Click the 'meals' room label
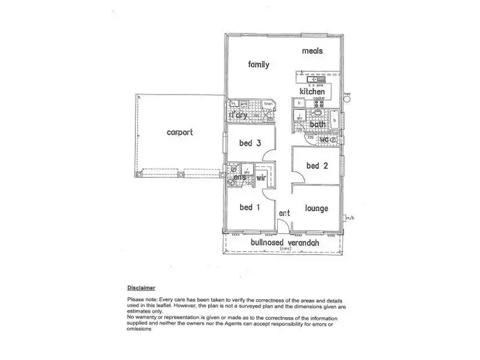(x=312, y=51)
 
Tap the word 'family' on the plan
(x=259, y=65)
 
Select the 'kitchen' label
(x=312, y=92)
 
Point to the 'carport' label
(x=180, y=133)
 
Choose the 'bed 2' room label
(x=317, y=166)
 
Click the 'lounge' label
(x=316, y=208)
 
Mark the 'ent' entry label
(x=284, y=213)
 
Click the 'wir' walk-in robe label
(x=261, y=178)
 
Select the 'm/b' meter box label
(x=349, y=218)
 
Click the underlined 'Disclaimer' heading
(x=141, y=288)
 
